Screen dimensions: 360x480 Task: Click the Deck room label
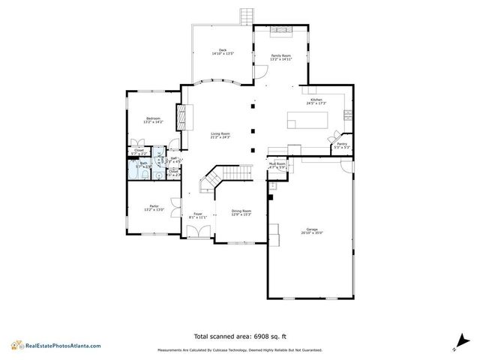pyautogui.click(x=222, y=50)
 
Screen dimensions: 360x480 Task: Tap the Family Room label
pyautogui.click(x=281, y=56)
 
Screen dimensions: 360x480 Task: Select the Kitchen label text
pyautogui.click(x=316, y=100)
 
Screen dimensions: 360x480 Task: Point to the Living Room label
pyautogui.click(x=220, y=133)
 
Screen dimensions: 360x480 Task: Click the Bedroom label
pyautogui.click(x=153, y=118)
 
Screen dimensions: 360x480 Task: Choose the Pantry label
pyautogui.click(x=341, y=144)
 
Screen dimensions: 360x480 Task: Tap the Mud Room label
pyautogui.click(x=277, y=163)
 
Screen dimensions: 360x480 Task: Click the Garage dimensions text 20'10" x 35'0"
pyautogui.click(x=311, y=232)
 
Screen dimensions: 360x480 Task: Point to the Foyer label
pyautogui.click(x=198, y=214)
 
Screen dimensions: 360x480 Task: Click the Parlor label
pyautogui.click(x=153, y=205)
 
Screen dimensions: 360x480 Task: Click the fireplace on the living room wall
pyautogui.click(x=180, y=115)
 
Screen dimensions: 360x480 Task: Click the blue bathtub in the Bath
pyautogui.click(x=135, y=172)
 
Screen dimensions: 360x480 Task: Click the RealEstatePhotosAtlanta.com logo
pyautogui.click(x=55, y=345)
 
